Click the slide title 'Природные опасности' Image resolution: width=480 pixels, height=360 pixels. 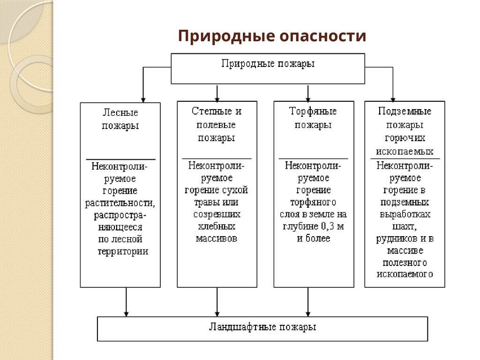point(272,36)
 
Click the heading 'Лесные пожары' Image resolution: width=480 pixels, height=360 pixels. point(120,120)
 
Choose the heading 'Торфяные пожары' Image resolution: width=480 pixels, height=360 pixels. point(313,118)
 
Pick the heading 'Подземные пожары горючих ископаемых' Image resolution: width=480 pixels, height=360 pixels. point(405,131)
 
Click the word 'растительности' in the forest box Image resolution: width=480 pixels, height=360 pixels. point(120,203)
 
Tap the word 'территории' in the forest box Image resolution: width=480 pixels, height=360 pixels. point(123,251)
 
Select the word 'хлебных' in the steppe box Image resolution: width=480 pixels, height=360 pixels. point(217,226)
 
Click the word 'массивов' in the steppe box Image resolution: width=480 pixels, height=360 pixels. point(217,239)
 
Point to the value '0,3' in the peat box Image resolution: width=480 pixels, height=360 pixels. point(330,227)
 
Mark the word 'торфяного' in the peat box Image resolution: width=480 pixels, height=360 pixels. point(313,202)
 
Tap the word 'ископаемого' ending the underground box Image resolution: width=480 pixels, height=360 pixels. point(405,275)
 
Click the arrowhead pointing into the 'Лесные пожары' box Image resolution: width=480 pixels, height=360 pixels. point(143,99)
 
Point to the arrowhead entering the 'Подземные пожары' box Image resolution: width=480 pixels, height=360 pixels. point(393,98)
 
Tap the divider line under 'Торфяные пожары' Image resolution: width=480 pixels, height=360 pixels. point(313,159)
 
